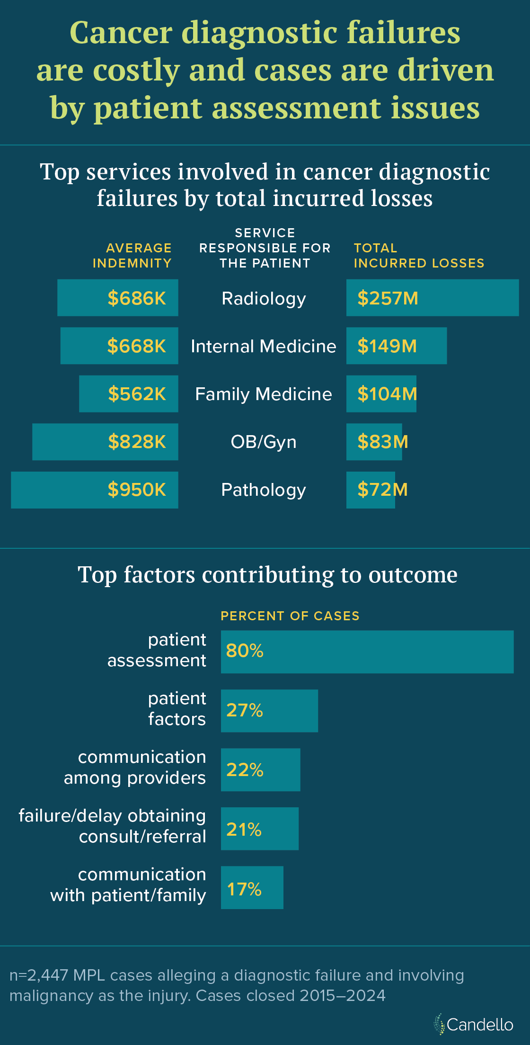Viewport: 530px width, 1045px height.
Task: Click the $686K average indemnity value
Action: point(137,298)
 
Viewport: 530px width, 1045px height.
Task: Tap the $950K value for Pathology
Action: point(137,490)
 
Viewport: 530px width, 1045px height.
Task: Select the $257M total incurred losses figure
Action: point(388,298)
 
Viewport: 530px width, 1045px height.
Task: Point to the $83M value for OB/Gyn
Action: point(382,442)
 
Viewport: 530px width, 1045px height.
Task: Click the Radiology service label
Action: point(264,299)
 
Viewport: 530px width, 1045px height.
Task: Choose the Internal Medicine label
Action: point(263,346)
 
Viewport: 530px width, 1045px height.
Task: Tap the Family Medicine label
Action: point(264,394)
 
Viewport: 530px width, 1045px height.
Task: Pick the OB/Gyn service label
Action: point(264,442)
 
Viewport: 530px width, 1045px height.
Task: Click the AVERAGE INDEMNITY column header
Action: point(132,256)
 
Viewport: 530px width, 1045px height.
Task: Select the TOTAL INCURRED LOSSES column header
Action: point(419,256)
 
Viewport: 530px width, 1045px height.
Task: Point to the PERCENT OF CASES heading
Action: point(290,616)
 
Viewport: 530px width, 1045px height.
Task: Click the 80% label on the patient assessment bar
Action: point(245,651)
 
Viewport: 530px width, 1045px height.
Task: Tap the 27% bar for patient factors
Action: point(269,711)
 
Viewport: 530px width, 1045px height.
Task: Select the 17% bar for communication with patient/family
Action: point(252,888)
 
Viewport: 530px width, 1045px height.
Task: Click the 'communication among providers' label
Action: point(135,768)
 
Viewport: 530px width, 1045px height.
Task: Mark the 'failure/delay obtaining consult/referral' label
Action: point(113,826)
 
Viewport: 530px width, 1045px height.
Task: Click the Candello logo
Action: point(474,1025)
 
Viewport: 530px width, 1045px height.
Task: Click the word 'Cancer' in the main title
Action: point(121,33)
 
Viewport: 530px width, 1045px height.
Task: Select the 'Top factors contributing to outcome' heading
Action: point(267,575)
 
